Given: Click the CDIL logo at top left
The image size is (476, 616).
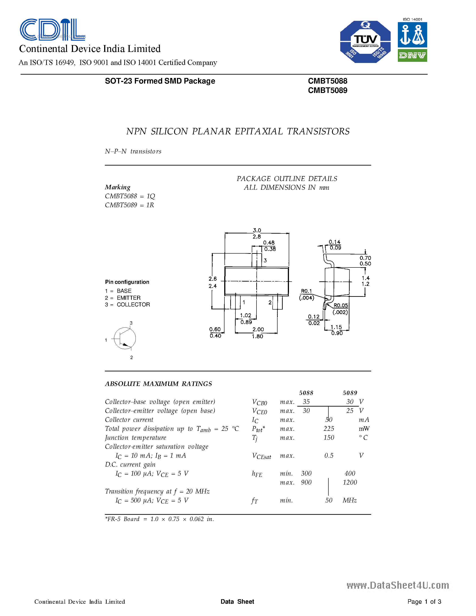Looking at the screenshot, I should [x=52, y=29].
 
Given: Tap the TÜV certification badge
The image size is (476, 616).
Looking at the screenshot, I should [x=365, y=42].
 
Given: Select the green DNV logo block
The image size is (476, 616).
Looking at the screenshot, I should [x=412, y=56].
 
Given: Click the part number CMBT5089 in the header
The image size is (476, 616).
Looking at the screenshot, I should [x=327, y=90].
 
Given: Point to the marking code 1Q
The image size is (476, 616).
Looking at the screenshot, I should [x=151, y=196].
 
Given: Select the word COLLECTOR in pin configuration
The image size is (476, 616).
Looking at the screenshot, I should [x=133, y=305].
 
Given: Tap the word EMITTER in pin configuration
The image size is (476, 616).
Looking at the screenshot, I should [x=129, y=298].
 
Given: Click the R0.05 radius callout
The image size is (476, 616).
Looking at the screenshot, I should [x=341, y=306].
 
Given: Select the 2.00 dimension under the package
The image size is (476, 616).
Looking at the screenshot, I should [x=258, y=330].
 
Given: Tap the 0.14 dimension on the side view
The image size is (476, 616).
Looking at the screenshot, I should [x=334, y=242].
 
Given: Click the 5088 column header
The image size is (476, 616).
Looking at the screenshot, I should [x=306, y=393].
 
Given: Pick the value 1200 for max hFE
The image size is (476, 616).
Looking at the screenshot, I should [x=350, y=482].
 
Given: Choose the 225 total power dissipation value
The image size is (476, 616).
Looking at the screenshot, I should [x=329, y=429].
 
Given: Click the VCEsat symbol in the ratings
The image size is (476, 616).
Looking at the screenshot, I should [x=261, y=456].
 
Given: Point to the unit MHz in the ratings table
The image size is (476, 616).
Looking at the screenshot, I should [x=350, y=500].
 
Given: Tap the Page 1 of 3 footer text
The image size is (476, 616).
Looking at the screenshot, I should [x=424, y=602].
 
